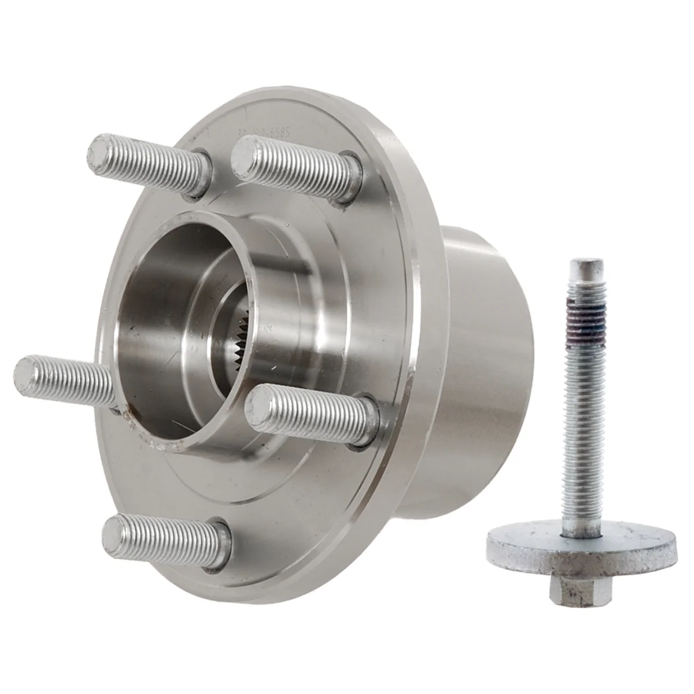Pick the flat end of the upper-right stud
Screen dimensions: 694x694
(245, 152)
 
